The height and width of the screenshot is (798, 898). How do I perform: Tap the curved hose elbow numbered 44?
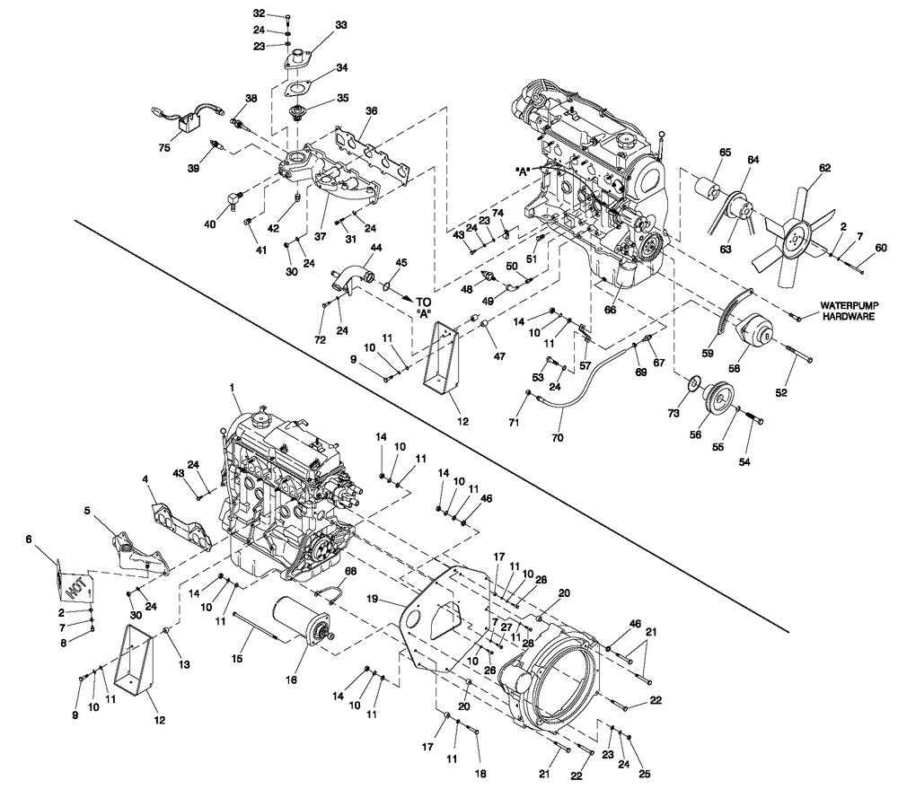[352, 274]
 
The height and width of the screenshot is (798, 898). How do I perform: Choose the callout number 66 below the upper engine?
[611, 309]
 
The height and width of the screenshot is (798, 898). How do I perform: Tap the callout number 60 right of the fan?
[880, 248]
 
